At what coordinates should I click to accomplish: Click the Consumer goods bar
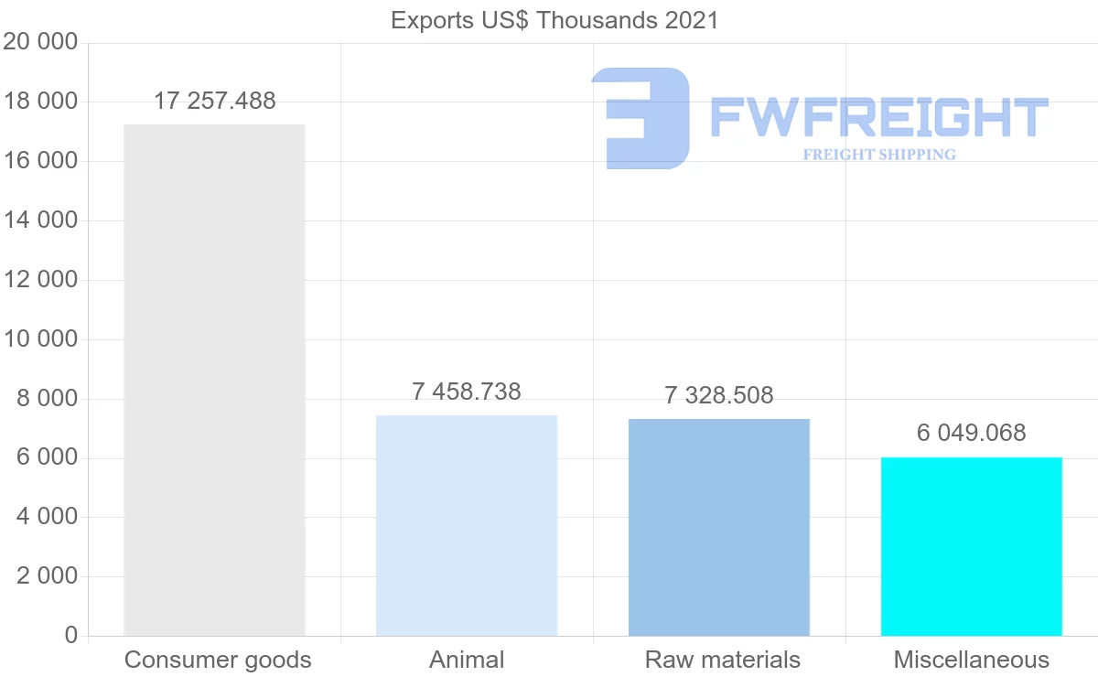[214, 380]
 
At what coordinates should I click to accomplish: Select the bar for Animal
[467, 525]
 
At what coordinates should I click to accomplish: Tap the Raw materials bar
[719, 527]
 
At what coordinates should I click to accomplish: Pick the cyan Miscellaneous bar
[972, 546]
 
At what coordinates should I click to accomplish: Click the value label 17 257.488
[214, 102]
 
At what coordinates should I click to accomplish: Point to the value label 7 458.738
[467, 392]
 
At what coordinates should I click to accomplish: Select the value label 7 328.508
[719, 396]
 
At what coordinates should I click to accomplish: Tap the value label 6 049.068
[972, 433]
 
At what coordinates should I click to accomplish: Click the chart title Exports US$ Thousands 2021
[554, 20]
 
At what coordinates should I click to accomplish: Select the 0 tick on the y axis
[71, 636]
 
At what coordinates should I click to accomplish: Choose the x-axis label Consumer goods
[218, 660]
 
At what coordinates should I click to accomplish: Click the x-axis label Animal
[467, 660]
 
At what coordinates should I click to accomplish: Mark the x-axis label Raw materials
[723, 660]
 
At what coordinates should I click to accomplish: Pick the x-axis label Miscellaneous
[972, 660]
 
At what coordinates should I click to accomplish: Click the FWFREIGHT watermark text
[878, 118]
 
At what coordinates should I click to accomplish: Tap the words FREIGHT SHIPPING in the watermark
[879, 155]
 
